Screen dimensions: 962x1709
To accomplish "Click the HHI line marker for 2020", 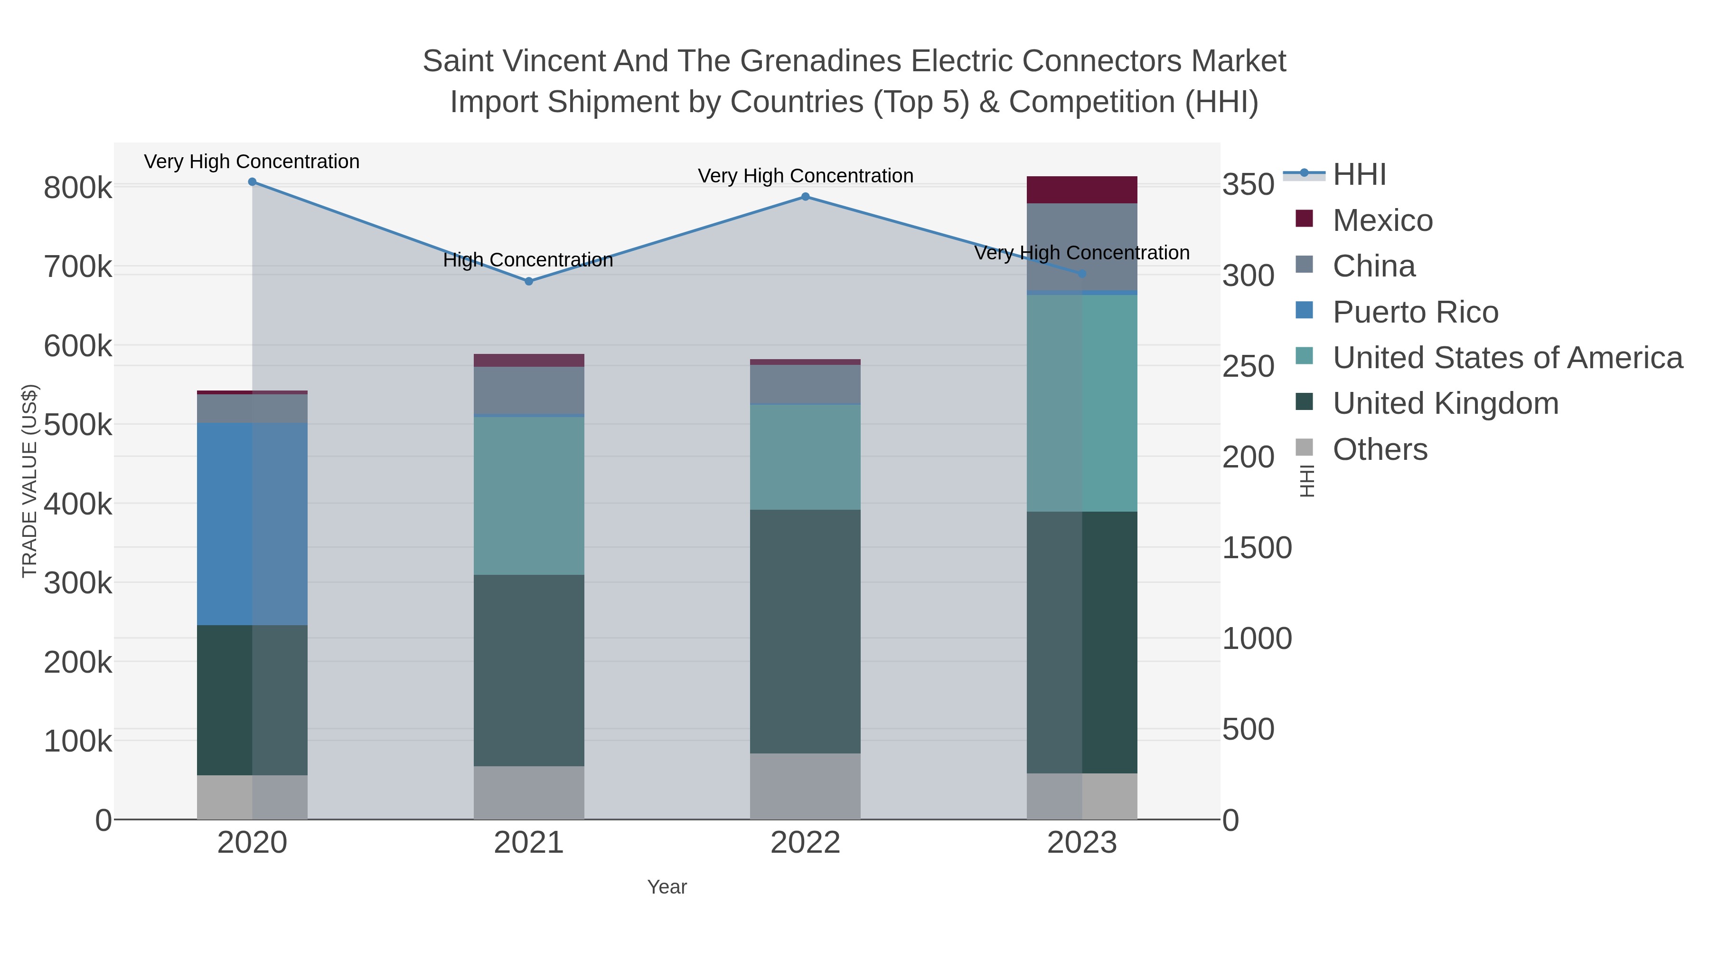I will (x=252, y=182).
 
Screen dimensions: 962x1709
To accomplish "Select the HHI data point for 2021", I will (x=529, y=282).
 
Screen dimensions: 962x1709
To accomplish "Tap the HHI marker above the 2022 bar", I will (x=806, y=197).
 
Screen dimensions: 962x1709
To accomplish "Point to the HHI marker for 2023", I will (x=1082, y=274).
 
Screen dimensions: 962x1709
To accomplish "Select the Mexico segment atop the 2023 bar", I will (x=1082, y=190).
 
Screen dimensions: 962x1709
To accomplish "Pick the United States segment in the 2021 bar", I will (x=529, y=495).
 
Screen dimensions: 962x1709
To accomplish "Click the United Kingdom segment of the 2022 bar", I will (x=806, y=631).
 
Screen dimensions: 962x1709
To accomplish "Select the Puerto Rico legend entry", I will (x=1415, y=312).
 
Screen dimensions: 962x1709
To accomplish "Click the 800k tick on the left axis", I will (x=78, y=188).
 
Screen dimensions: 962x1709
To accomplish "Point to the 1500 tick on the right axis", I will (x=1257, y=548).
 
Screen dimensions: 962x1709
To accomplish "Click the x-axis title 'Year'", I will (x=667, y=887).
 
